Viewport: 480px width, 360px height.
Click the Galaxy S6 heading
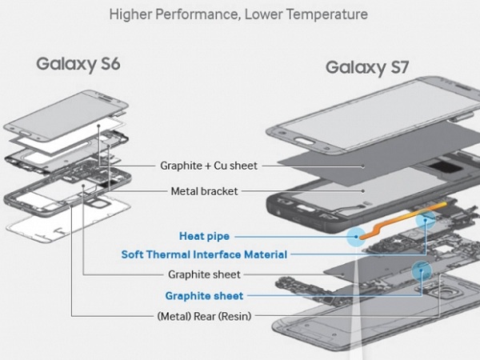click(78, 64)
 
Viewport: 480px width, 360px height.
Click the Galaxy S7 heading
click(367, 68)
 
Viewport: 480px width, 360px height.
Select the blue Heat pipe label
click(204, 236)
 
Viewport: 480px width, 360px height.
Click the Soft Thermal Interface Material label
click(204, 254)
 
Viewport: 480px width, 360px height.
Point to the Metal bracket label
click(204, 191)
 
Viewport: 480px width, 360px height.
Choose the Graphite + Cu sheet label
click(209, 166)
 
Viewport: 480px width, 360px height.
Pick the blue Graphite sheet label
click(204, 296)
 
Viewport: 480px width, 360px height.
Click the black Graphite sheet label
click(204, 274)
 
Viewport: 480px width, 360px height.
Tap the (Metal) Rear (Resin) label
click(204, 316)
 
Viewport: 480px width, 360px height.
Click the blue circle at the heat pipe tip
click(356, 237)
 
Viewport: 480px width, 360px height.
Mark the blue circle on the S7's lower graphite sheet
click(422, 270)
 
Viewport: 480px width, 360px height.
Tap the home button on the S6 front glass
click(26, 133)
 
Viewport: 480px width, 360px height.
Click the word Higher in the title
click(130, 14)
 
